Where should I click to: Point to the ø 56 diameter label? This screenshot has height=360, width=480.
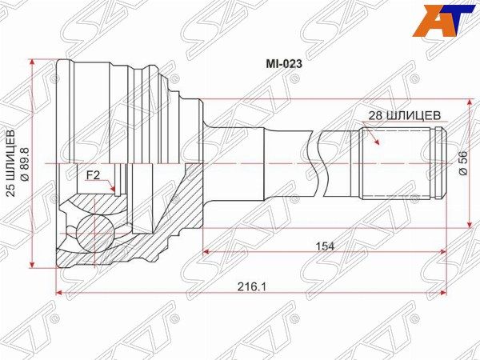tap(463, 163)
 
